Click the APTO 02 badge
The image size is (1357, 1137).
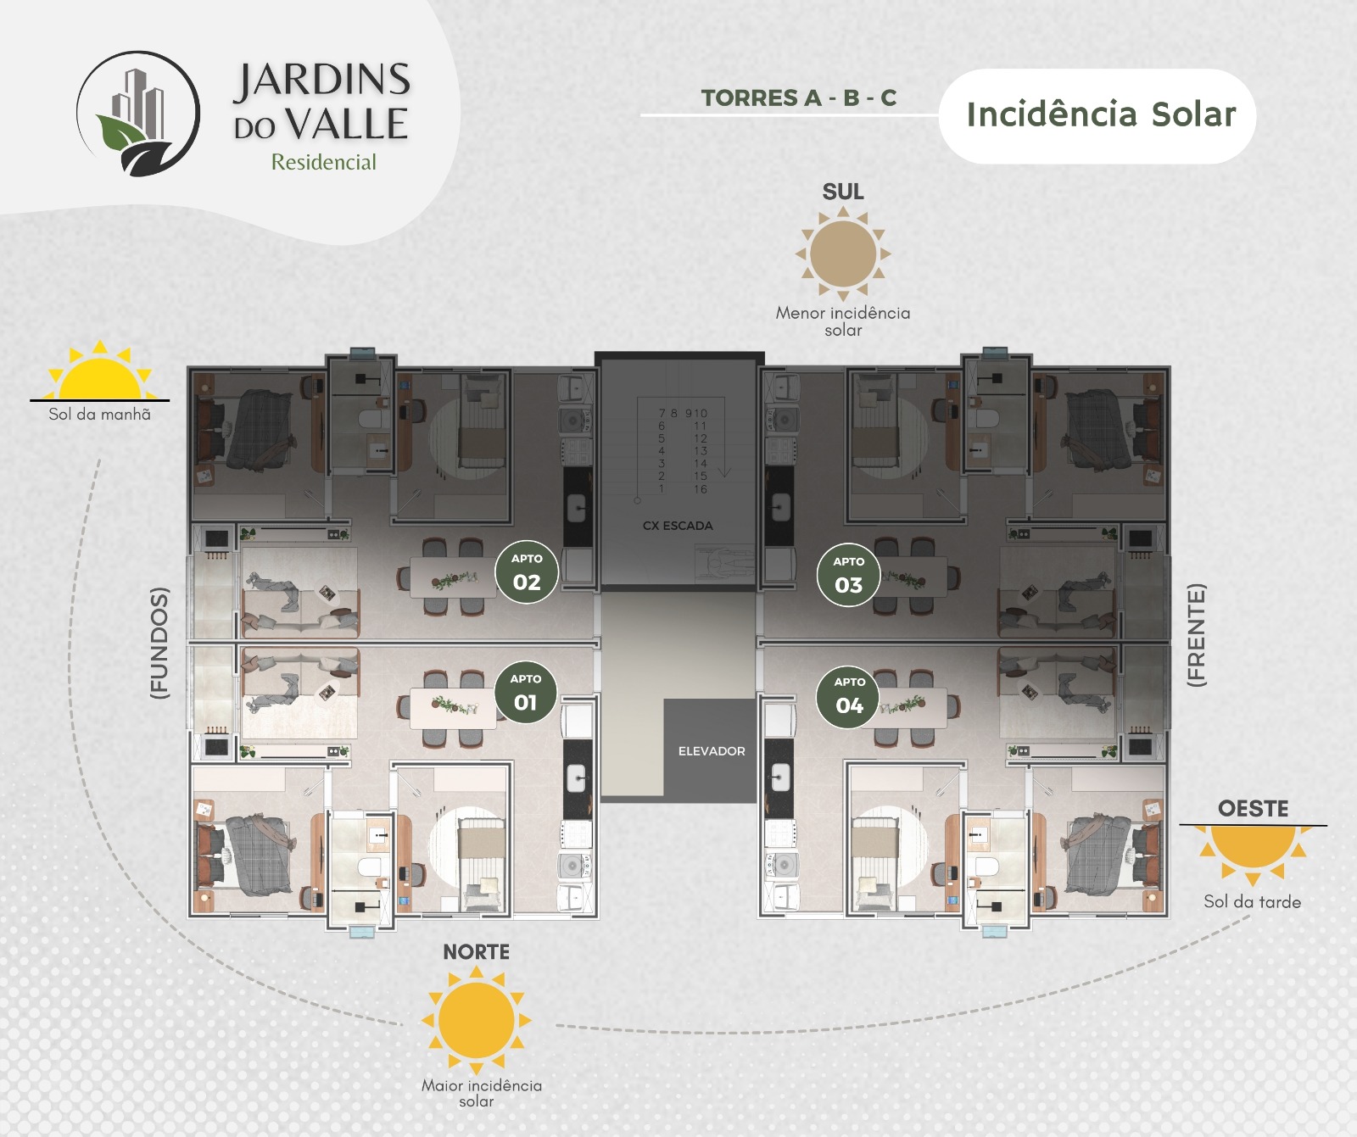tap(527, 572)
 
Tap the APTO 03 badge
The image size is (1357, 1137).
tap(848, 576)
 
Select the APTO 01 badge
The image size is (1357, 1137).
tap(525, 693)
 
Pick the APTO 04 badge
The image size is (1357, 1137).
tap(849, 696)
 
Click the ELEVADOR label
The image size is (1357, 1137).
tap(712, 751)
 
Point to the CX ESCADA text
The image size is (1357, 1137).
tap(678, 526)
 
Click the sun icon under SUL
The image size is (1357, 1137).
tap(843, 254)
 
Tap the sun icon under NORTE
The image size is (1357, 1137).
tap(477, 1021)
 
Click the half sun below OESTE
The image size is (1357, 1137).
tap(1253, 851)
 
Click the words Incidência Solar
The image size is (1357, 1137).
tap(1101, 114)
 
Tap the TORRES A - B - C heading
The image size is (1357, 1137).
tap(798, 98)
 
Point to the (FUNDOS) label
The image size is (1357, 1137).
tap(159, 643)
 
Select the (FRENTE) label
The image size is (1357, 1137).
tap(1196, 634)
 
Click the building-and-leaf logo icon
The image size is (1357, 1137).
tap(138, 114)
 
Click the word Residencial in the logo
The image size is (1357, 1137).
tap(323, 162)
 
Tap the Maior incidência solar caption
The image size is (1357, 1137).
tap(481, 1094)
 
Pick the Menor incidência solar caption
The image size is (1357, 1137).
tap(843, 321)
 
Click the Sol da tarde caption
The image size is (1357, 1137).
tap(1252, 902)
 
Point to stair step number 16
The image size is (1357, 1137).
tap(701, 489)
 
